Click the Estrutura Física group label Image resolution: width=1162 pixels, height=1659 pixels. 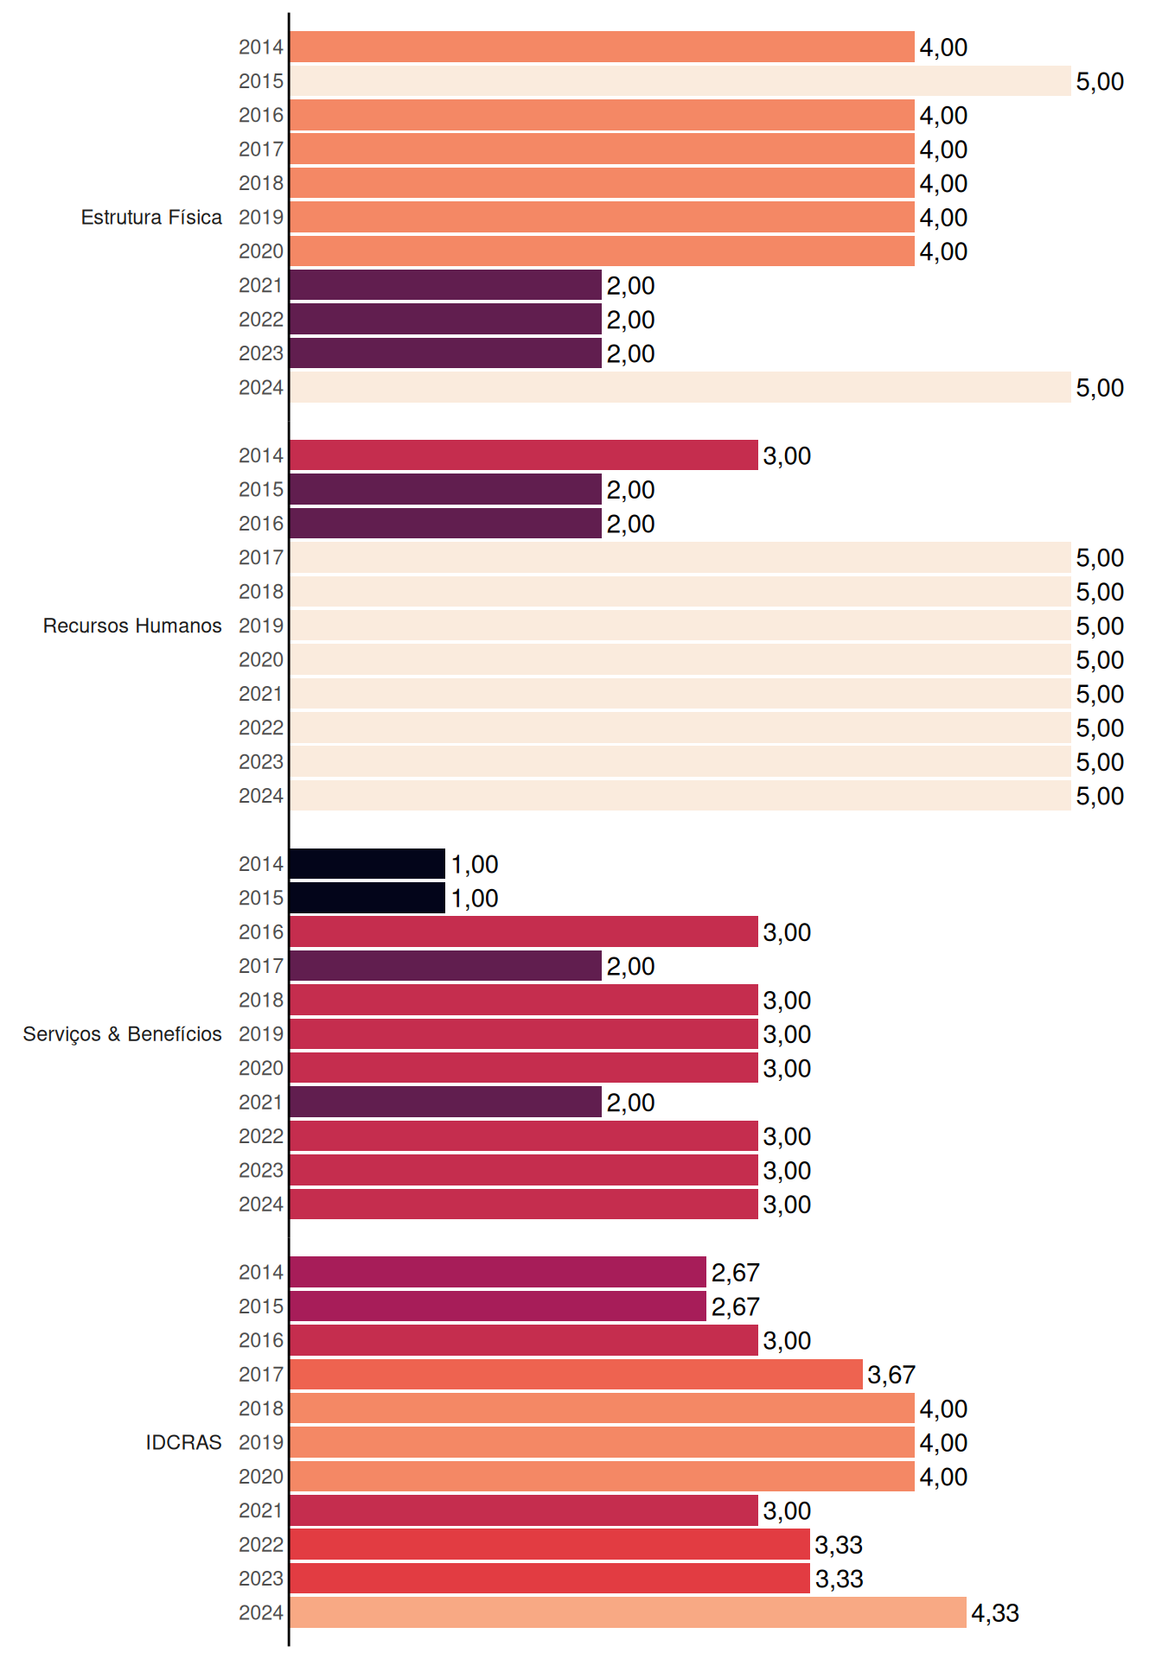click(151, 217)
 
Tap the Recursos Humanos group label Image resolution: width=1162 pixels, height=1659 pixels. click(132, 626)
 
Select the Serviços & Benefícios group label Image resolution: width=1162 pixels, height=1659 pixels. click(122, 1034)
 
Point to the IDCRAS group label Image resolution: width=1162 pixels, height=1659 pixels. click(183, 1442)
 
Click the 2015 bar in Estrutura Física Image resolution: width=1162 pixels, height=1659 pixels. click(680, 81)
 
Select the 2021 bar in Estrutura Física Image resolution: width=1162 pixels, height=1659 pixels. click(445, 285)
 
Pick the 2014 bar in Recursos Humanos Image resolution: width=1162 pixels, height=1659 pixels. click(523, 455)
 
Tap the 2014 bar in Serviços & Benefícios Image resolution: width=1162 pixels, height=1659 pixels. click(367, 864)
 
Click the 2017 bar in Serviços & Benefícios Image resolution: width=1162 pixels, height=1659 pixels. click(445, 966)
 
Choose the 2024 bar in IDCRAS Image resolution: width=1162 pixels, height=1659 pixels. click(628, 1612)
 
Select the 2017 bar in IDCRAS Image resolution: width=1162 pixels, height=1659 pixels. click(576, 1374)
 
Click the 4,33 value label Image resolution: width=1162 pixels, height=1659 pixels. click(995, 1613)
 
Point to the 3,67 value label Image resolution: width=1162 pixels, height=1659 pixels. click(891, 1375)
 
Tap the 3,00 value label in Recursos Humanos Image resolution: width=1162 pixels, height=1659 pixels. click(787, 456)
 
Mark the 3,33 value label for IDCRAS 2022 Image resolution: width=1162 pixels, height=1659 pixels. click(839, 1545)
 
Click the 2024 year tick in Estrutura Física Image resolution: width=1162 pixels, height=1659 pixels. click(261, 388)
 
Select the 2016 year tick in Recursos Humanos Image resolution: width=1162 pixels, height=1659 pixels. click(261, 524)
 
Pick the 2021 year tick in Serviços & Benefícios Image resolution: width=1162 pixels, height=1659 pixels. click(261, 1103)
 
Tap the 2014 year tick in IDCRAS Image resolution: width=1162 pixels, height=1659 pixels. click(261, 1273)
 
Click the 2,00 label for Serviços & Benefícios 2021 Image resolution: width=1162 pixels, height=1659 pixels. click(630, 1103)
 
